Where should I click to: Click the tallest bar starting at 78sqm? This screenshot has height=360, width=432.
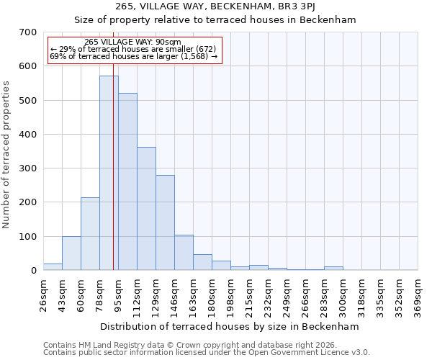(109, 173)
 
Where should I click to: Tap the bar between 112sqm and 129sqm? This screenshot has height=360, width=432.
(146, 209)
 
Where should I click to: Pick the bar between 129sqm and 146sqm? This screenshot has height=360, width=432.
(165, 222)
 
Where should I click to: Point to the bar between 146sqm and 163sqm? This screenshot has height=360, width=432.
(184, 253)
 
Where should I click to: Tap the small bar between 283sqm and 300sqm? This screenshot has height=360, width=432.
(333, 268)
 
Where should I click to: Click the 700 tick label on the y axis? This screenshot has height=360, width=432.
(28, 32)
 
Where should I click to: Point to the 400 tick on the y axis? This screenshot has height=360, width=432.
(28, 135)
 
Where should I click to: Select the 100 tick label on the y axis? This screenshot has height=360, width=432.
(28, 237)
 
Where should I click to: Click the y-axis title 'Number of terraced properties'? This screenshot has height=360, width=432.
(7, 154)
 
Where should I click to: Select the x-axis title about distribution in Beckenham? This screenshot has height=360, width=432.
(229, 326)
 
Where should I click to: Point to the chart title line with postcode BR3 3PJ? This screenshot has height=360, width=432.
(215, 6)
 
